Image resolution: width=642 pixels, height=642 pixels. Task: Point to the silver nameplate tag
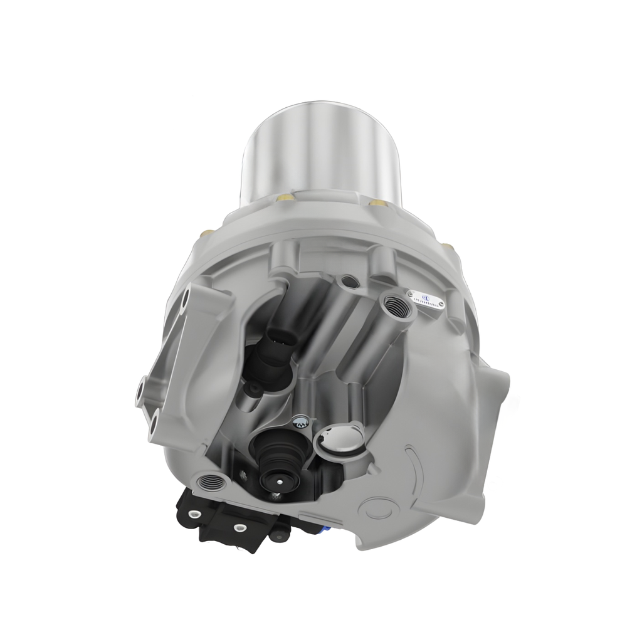(429, 300)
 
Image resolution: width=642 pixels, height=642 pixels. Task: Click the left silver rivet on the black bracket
(194, 515)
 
